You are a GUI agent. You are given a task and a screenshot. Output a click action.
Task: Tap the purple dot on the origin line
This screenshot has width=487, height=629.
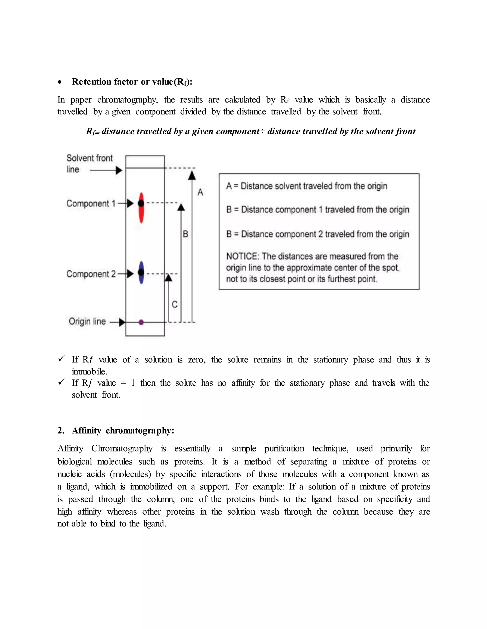point(141,322)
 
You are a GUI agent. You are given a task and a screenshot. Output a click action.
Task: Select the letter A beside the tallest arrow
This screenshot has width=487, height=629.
point(200,192)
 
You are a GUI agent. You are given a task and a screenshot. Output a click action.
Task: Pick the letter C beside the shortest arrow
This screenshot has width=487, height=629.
point(175,305)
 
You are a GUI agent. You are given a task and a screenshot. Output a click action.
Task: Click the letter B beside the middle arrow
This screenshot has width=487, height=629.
point(185,234)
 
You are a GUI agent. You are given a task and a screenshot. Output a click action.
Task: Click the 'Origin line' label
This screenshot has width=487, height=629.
point(87,321)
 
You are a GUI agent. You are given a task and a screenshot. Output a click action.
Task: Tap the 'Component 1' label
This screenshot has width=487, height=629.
point(91,204)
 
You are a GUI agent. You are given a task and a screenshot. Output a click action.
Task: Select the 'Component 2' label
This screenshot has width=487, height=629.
point(91,274)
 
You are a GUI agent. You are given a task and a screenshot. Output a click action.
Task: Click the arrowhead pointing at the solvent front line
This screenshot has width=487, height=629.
point(119,170)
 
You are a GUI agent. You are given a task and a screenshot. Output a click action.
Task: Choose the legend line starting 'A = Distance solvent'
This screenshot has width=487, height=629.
point(306,186)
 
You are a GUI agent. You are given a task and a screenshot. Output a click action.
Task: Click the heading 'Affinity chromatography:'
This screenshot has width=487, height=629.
point(123,431)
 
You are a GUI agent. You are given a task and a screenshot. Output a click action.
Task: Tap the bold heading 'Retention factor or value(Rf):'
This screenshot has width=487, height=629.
point(132,82)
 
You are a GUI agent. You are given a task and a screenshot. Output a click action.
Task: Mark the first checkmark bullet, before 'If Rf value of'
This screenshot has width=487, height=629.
point(61,359)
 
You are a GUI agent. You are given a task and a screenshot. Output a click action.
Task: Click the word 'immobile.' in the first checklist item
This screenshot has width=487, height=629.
point(89,371)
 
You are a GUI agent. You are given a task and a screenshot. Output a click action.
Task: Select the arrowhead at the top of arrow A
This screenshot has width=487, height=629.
point(192,176)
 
